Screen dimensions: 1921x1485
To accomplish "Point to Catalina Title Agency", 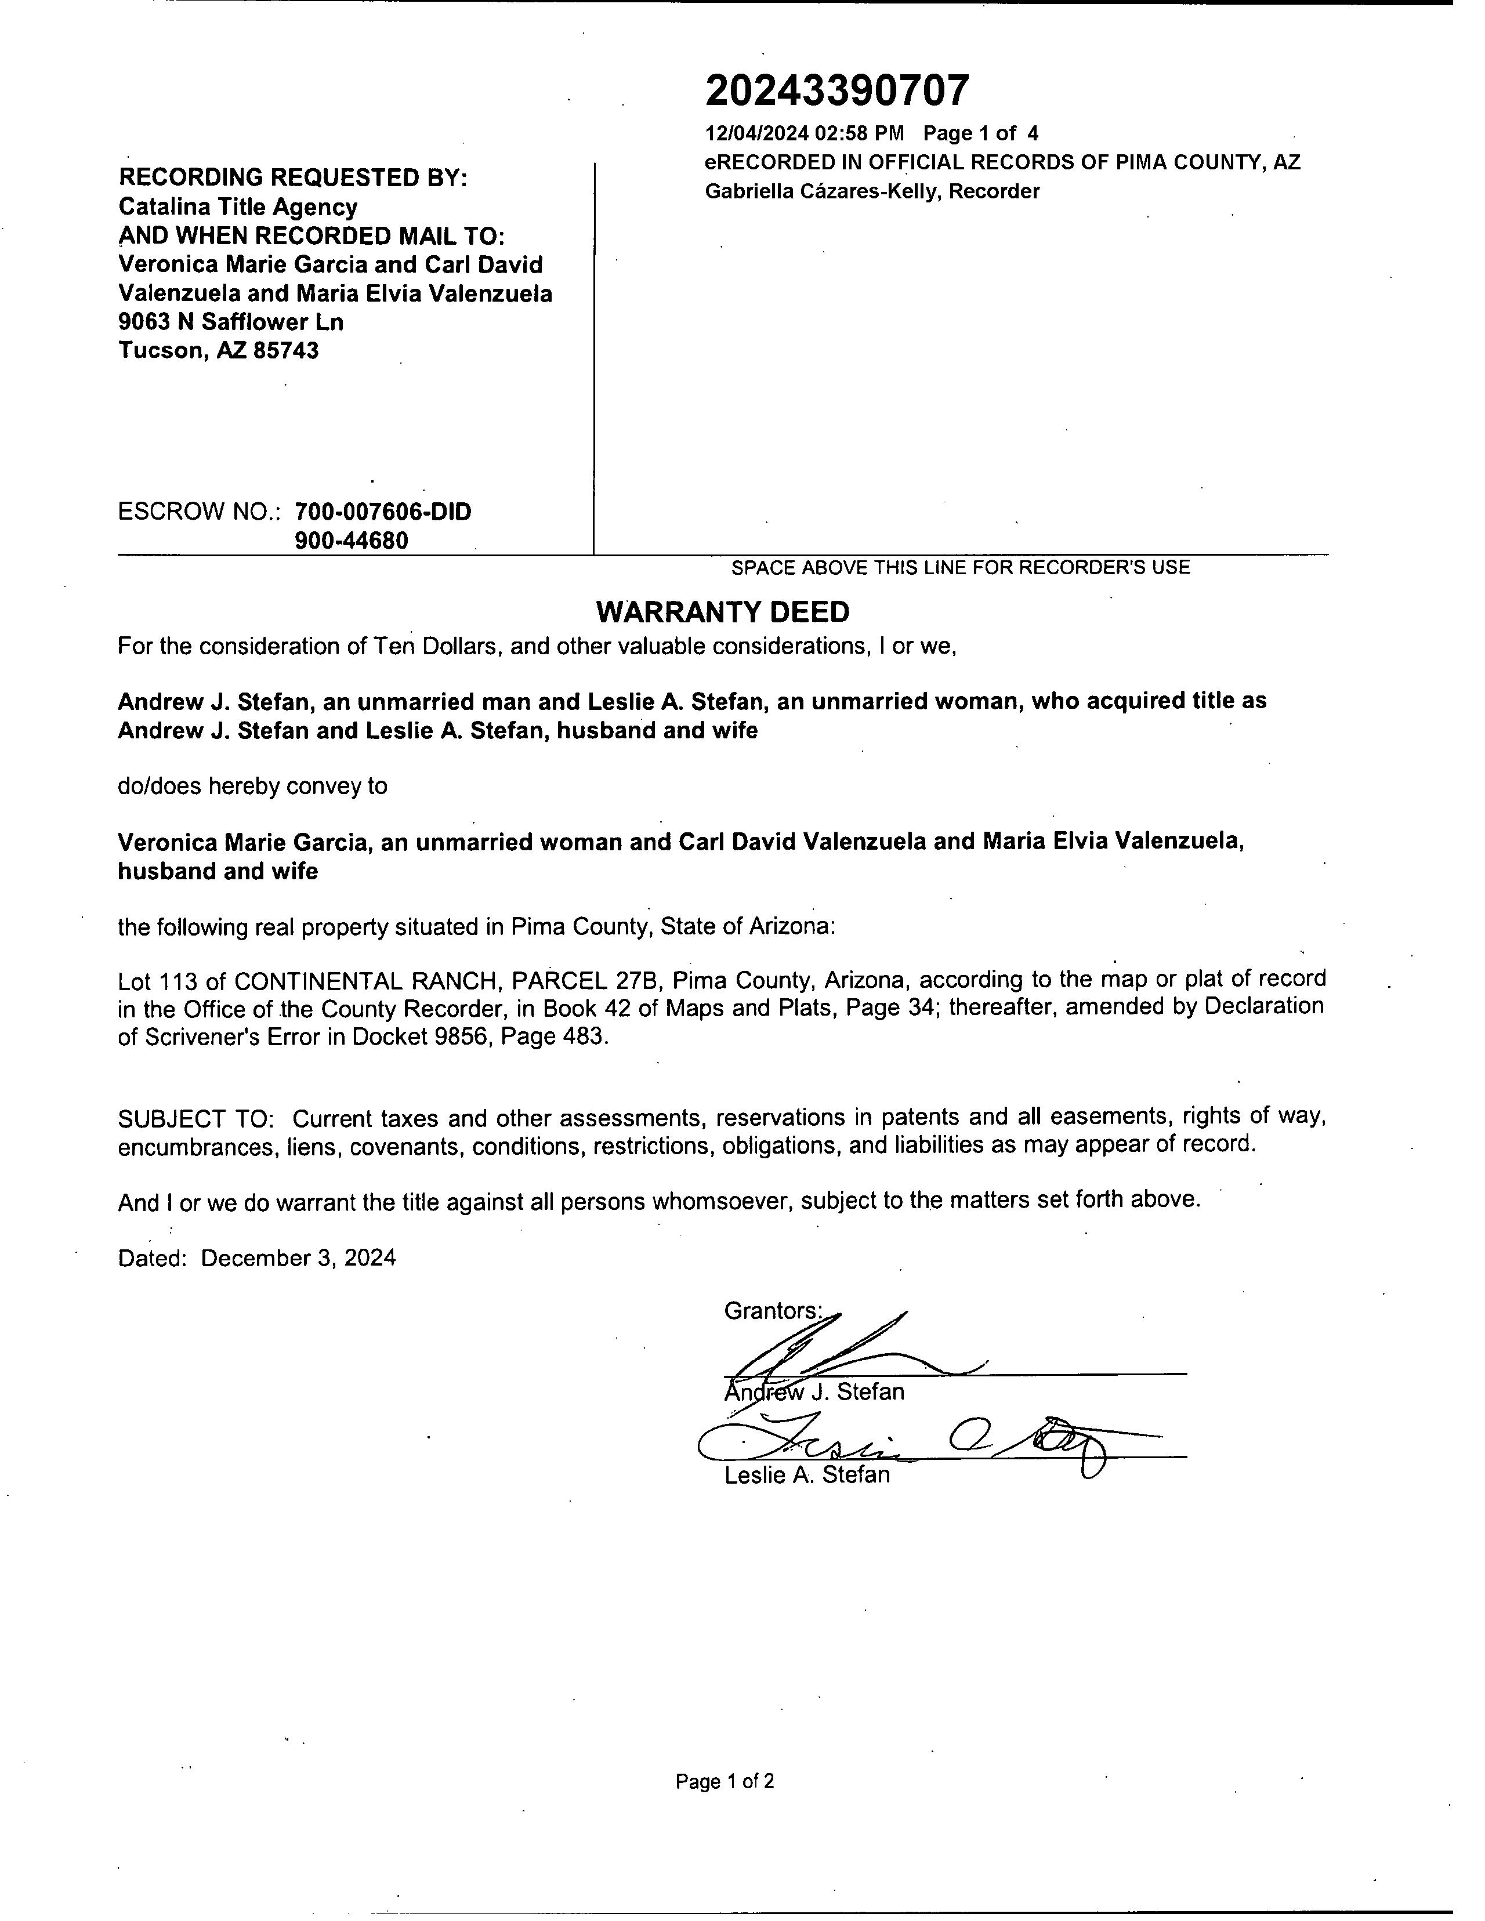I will point(237,208).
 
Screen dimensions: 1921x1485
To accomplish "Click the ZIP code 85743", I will point(286,351).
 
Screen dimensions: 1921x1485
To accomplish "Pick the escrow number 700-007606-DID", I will point(383,512).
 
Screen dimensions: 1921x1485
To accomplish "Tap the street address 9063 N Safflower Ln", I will point(230,322).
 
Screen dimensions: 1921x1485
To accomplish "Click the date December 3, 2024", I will point(298,1258).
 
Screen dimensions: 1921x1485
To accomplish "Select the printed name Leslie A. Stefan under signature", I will point(807,1475).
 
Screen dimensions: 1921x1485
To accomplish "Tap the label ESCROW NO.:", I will point(199,512).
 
